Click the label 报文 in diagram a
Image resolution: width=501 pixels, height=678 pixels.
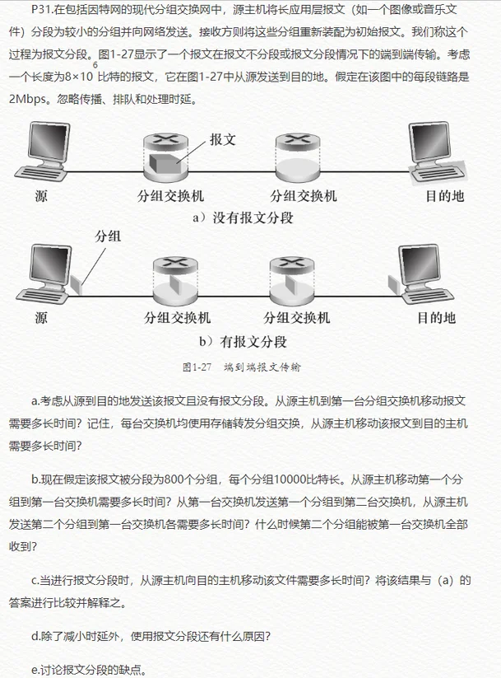point(223,138)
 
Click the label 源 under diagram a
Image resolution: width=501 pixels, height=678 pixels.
point(41,196)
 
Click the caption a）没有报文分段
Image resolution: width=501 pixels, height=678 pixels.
point(242,218)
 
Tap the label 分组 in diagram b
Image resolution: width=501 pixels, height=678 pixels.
point(109,236)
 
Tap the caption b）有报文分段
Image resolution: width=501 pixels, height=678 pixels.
point(247,340)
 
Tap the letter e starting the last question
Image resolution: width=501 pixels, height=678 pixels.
point(35,667)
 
